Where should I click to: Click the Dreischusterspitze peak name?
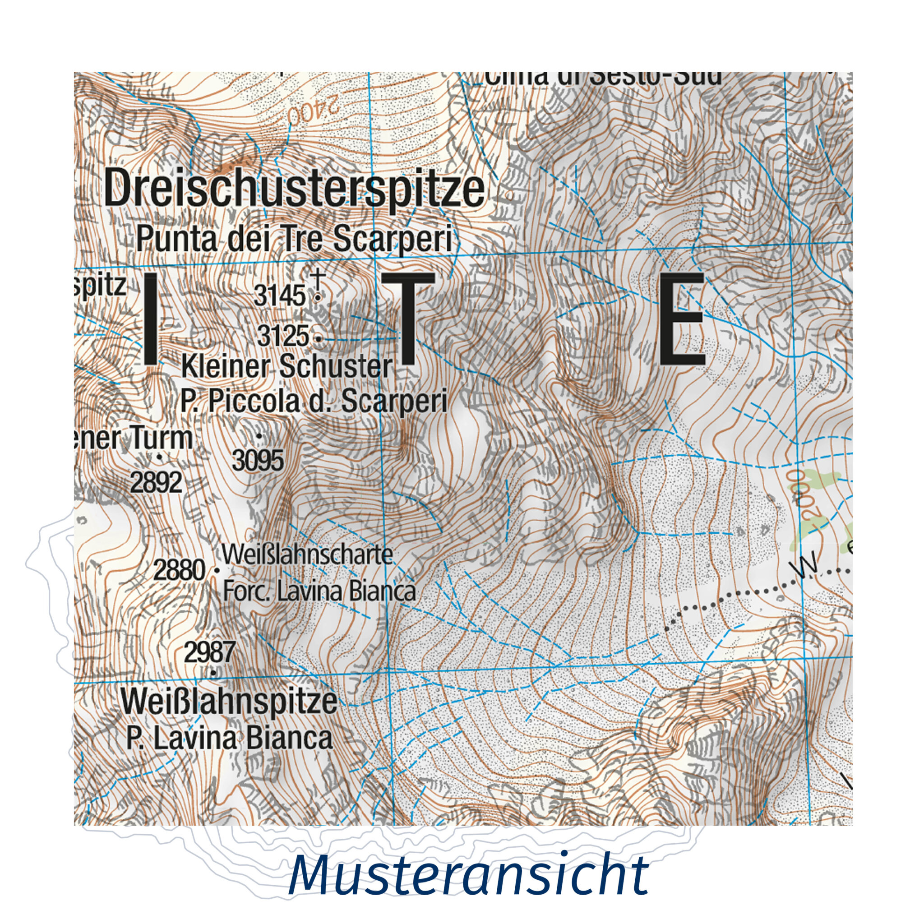point(294,190)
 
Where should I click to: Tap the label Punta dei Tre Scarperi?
point(294,239)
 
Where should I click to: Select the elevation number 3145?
point(279,296)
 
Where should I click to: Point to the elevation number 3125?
point(283,336)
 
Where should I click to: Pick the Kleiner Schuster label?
point(287,367)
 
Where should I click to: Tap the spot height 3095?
point(258,461)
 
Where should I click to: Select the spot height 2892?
point(157,483)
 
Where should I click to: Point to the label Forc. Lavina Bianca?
point(319,591)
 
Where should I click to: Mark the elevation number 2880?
point(180,570)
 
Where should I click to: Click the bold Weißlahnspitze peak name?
point(229,702)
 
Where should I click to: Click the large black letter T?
point(408,319)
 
